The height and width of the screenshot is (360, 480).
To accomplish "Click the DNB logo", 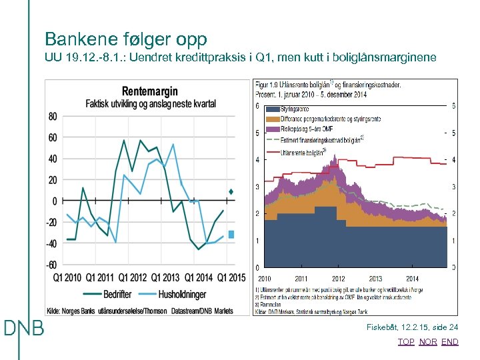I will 24,328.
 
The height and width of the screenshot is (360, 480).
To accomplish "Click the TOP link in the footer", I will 406,341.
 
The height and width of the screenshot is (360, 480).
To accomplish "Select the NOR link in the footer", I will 428,341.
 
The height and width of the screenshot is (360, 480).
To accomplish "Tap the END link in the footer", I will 450,341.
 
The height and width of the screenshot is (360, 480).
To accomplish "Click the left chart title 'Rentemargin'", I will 150,91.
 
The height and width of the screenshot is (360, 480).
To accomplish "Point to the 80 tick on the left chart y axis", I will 52,116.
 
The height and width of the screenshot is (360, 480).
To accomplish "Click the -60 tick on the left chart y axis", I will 51,265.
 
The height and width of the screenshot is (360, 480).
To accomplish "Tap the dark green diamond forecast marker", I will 231,192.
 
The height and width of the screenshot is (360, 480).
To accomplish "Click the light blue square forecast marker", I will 231,234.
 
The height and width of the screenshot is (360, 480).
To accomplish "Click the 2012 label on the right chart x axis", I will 338,278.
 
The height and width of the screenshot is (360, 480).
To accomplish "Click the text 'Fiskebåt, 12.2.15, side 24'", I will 413,327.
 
